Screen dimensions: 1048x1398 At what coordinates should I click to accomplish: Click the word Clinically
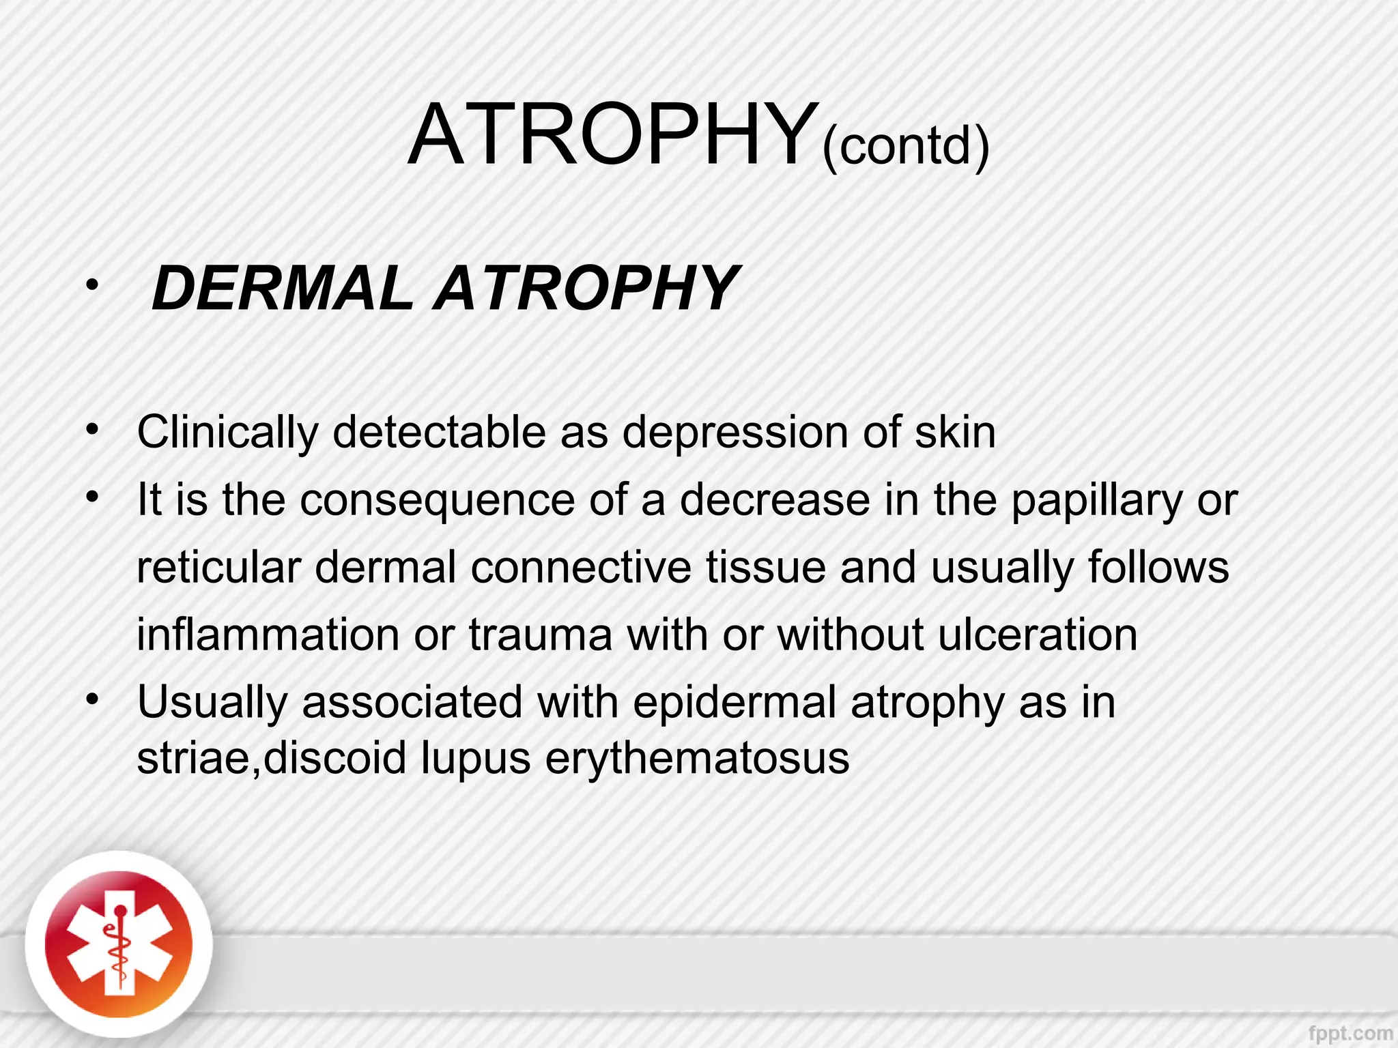click(x=228, y=433)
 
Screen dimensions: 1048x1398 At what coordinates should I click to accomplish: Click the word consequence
click(x=438, y=500)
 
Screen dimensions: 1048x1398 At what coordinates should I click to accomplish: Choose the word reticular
click(x=218, y=567)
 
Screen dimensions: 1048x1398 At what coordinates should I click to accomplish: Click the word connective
click(x=580, y=567)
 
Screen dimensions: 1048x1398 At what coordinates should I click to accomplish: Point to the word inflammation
click(x=268, y=635)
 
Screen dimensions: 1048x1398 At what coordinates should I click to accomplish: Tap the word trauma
click(x=541, y=635)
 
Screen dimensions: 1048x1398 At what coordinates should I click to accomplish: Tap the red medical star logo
click(x=119, y=945)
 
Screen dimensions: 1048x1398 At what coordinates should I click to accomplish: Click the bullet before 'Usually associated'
click(x=93, y=700)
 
